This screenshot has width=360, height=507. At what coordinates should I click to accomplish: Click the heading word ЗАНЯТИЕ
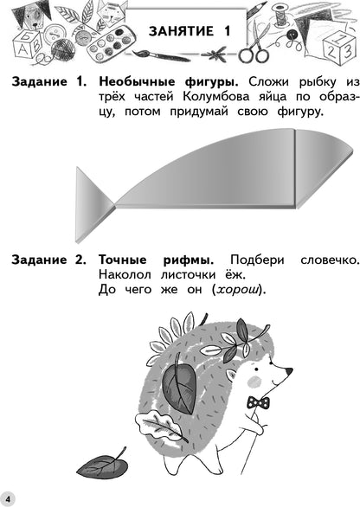181,31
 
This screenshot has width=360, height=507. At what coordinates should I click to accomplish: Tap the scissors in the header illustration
257,42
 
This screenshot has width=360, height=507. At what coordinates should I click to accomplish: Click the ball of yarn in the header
63,49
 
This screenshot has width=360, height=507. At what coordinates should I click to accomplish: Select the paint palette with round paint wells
110,43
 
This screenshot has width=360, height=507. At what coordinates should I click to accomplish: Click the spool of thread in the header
280,16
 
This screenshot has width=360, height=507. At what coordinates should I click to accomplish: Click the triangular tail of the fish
94,204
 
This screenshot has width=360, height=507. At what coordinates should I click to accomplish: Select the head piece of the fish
324,168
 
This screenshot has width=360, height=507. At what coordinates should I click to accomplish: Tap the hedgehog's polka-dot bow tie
258,402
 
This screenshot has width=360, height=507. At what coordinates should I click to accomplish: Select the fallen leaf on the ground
103,465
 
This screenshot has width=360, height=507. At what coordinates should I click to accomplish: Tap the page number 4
8,499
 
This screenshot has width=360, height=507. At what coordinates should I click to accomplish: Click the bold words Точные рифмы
157,260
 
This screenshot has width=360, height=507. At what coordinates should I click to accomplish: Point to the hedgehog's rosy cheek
254,382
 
